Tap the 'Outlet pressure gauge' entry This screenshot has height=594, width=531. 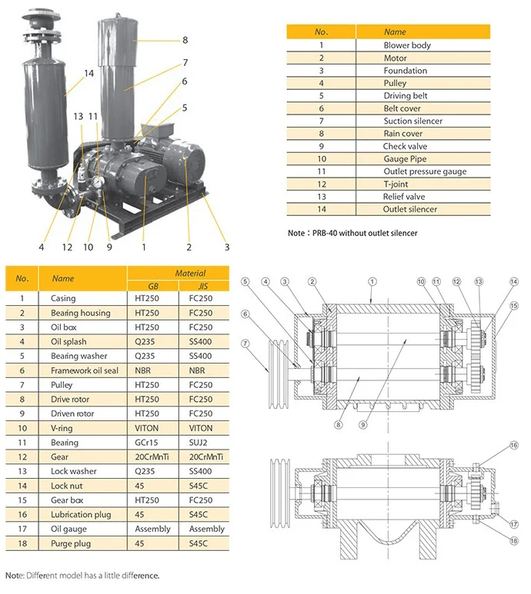tap(425, 171)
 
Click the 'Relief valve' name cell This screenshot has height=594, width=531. tap(404, 197)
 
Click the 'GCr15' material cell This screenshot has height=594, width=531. tap(148, 443)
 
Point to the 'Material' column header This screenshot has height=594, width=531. tap(190, 273)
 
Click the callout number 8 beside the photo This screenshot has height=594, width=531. tap(185, 40)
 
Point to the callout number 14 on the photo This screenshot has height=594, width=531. tap(88, 74)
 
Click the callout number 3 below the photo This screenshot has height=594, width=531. tap(227, 247)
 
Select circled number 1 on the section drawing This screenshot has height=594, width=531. tap(371, 281)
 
